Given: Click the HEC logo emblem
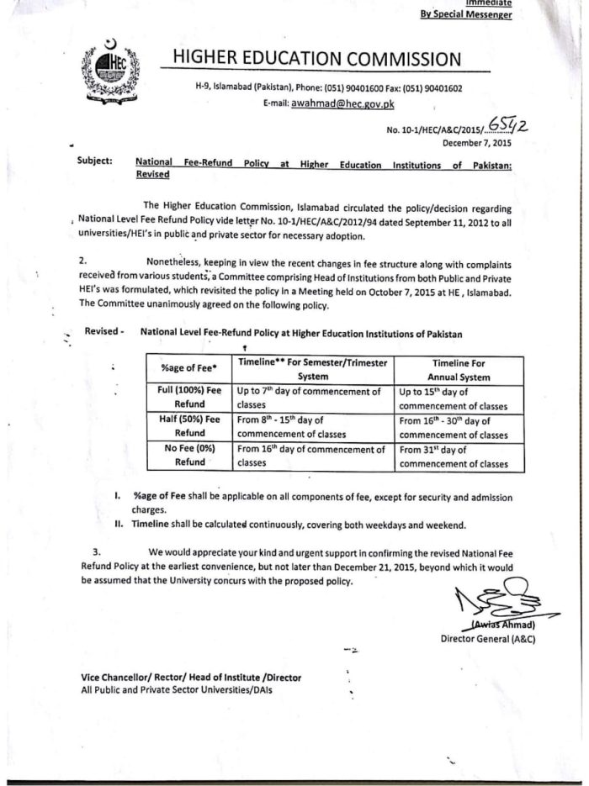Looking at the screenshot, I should tap(107, 67).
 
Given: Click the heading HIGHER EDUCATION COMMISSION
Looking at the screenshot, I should tap(316, 58).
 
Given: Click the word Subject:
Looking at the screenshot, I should tap(94, 161).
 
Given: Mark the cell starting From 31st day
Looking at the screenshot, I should tap(454, 456).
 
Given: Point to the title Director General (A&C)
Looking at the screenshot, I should tap(488, 639).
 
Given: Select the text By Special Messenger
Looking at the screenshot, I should tap(466, 14).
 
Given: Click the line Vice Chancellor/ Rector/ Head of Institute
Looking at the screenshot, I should tap(191, 677).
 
